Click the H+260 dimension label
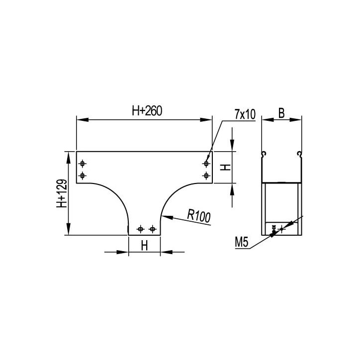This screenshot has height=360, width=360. (147, 112)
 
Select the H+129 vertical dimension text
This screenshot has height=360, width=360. (62, 193)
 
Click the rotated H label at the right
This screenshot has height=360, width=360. (225, 167)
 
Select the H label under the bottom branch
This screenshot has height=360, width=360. (144, 245)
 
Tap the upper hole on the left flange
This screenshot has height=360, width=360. (83, 164)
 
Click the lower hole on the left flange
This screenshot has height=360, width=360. (83, 175)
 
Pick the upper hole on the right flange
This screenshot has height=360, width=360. (206, 164)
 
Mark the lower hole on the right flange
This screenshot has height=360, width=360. (206, 175)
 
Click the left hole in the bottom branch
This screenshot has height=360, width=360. (141, 229)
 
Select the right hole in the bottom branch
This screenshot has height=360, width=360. (152, 229)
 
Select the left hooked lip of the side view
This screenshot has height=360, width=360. (264, 153)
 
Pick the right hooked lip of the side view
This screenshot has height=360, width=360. (299, 153)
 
